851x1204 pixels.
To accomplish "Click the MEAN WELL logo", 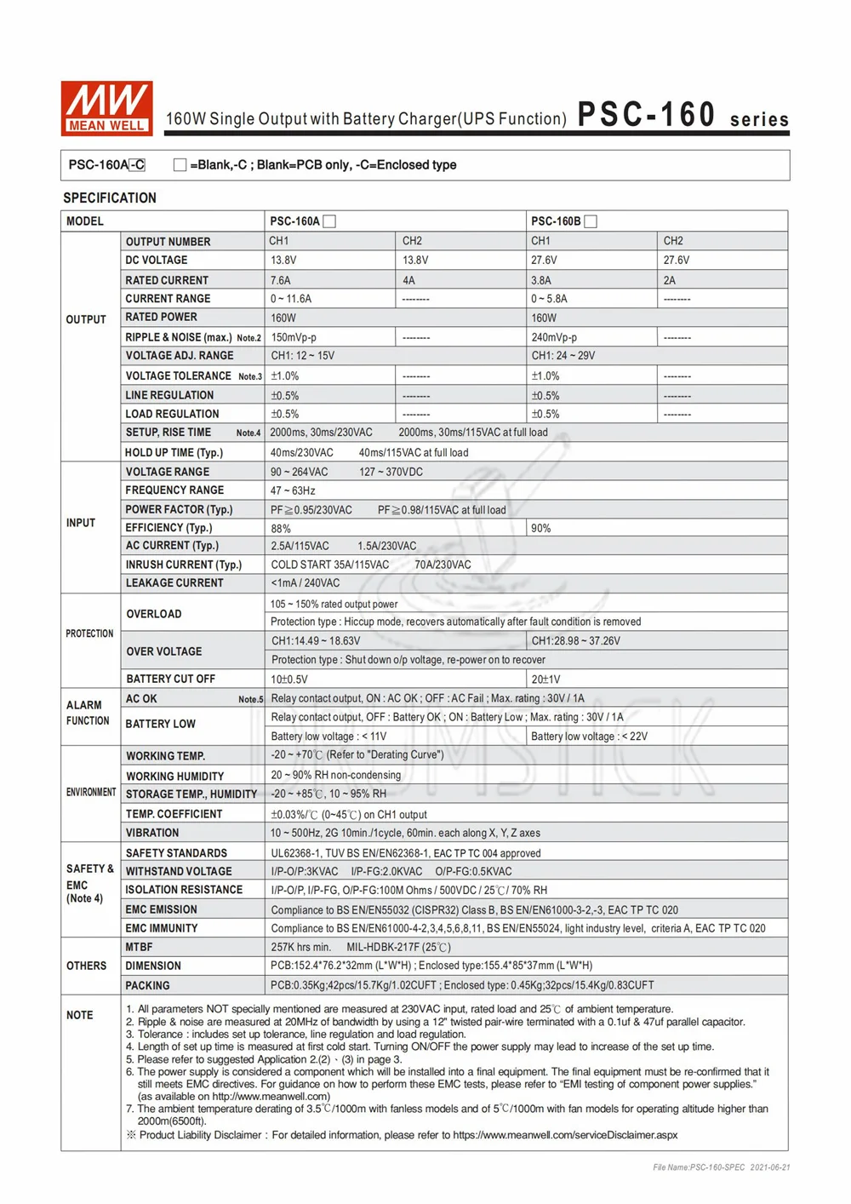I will (x=106, y=108).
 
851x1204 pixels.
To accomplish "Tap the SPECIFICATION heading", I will (x=110, y=198).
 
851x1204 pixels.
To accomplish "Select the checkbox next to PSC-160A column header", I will (x=330, y=221).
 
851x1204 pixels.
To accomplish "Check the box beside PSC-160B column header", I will (x=591, y=221).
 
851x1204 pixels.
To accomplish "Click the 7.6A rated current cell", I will (x=281, y=280).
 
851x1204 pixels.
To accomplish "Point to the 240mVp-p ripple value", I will (x=554, y=337).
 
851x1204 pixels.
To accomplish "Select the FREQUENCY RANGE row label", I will (x=174, y=490).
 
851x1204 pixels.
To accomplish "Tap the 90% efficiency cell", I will (x=541, y=528).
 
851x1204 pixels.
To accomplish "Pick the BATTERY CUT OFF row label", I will (x=170, y=679).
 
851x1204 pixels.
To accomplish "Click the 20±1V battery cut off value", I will (x=546, y=679).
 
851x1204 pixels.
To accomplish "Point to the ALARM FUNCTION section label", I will (x=88, y=713).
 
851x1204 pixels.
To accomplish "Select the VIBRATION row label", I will (x=152, y=833).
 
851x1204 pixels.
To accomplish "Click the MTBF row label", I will (x=139, y=947).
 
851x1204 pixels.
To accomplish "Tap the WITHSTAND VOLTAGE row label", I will (x=179, y=871).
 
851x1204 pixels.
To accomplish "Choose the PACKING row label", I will (x=147, y=985).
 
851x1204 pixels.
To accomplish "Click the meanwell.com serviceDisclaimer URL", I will (x=565, y=1135).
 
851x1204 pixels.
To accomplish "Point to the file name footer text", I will (x=721, y=1167).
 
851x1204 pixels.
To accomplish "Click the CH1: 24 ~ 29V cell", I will (x=563, y=356).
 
